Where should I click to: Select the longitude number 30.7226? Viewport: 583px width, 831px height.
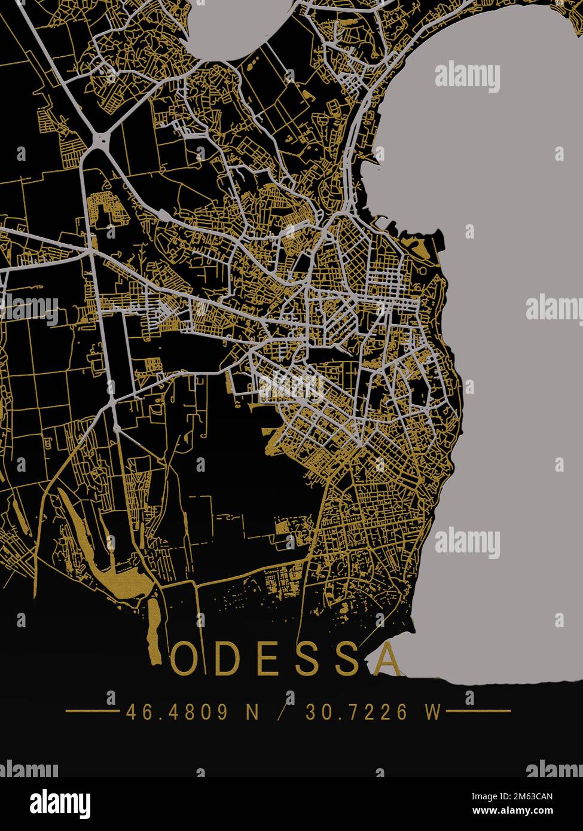tap(357, 711)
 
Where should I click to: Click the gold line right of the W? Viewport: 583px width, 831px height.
tap(478, 711)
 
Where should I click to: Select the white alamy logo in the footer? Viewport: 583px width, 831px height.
tap(60, 804)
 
